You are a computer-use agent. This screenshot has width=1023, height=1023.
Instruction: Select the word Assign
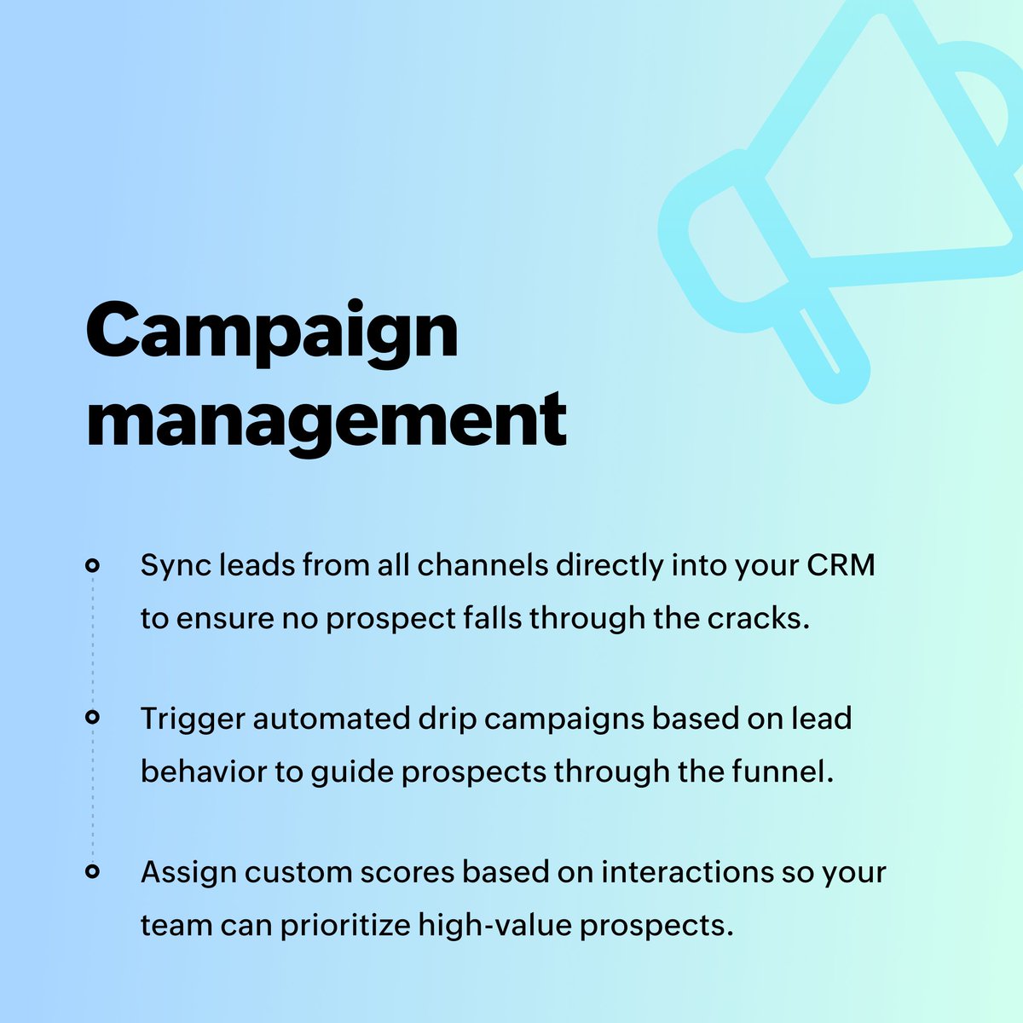pyautogui.click(x=187, y=873)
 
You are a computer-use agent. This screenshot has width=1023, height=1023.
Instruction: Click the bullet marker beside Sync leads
pyautogui.click(x=92, y=565)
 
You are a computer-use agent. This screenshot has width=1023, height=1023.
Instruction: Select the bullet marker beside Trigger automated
pyautogui.click(x=92, y=719)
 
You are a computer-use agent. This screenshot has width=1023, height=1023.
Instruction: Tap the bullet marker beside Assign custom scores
pyautogui.click(x=92, y=871)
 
